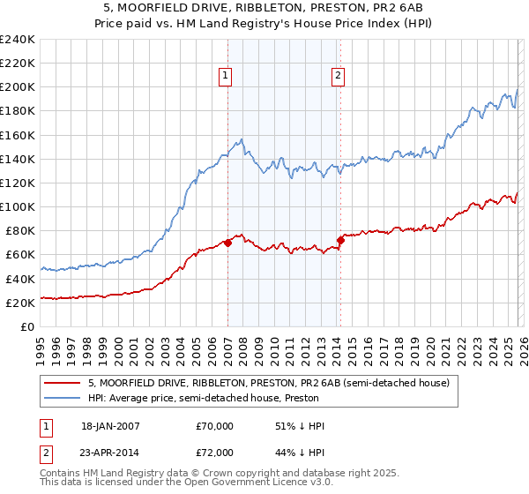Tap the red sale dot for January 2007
click(227, 243)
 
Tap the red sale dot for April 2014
click(340, 240)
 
